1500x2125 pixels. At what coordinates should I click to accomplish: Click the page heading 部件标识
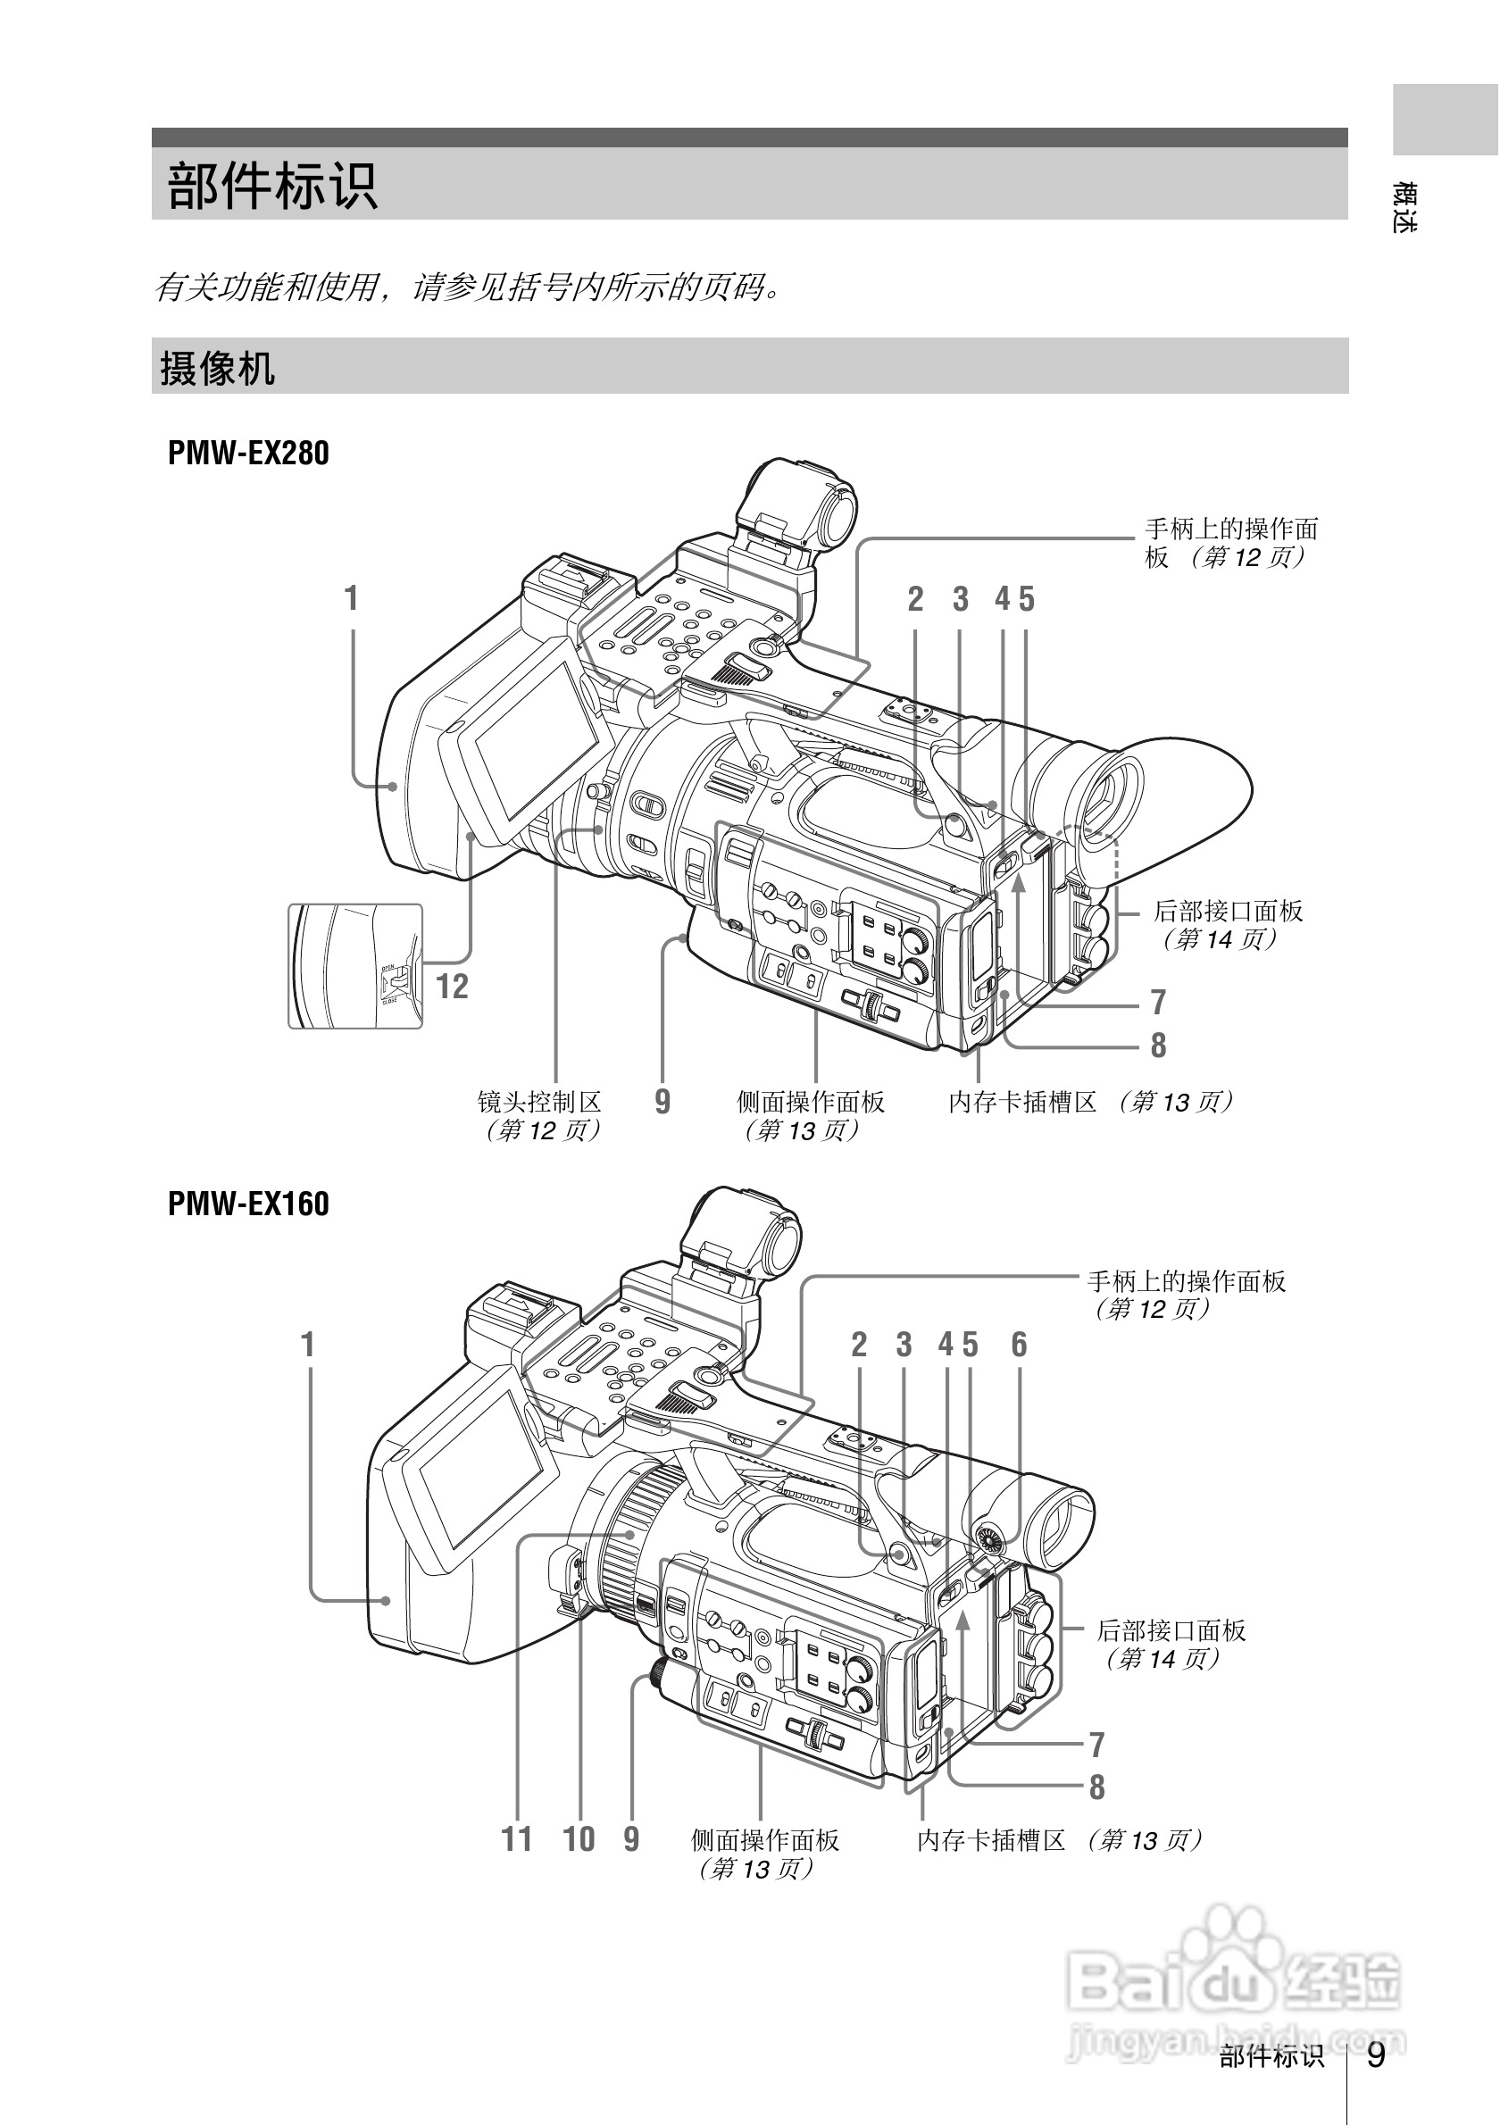tap(272, 185)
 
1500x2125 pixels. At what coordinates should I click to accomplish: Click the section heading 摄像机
tap(218, 368)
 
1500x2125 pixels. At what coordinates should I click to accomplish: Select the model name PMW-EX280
tap(248, 454)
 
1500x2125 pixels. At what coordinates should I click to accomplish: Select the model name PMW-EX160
tap(248, 1204)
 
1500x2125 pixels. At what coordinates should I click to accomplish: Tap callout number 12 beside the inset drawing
tap(452, 987)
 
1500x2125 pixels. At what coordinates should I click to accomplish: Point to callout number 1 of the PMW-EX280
tap(351, 599)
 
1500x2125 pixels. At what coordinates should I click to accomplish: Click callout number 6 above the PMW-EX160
tap(1019, 1345)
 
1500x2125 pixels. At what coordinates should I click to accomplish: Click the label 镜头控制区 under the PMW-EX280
tap(539, 1102)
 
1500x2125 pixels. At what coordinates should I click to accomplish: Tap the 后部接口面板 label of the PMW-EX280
tap(1228, 911)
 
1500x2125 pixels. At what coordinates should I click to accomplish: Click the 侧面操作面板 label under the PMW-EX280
tap(811, 1102)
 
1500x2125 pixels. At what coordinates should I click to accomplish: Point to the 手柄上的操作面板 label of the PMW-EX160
tap(1187, 1281)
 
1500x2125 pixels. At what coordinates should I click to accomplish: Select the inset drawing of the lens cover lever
tap(355, 966)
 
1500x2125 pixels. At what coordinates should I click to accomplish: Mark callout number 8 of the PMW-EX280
tap(1158, 1046)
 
